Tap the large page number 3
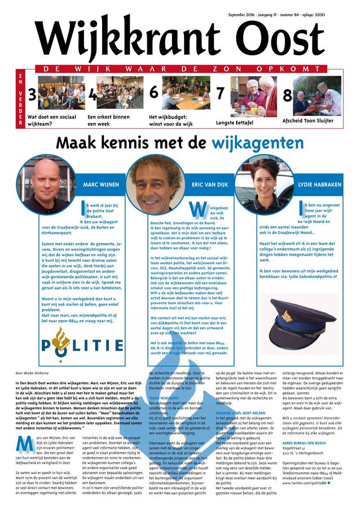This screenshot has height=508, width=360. tap(32, 97)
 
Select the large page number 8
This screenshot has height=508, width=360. tap(287, 95)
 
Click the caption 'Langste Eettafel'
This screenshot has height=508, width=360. tap(237, 122)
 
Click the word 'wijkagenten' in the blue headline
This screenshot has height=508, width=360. tap(258, 143)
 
